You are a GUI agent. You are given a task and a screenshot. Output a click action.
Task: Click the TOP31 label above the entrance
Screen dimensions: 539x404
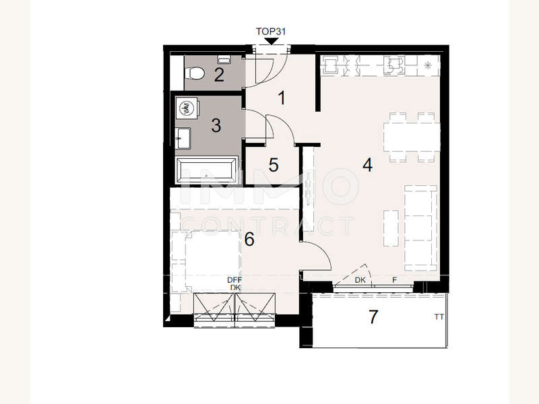(x=271, y=32)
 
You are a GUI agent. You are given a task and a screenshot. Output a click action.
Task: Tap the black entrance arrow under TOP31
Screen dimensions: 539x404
(x=272, y=41)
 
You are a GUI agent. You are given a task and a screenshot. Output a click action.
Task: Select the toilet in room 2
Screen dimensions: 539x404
(x=194, y=73)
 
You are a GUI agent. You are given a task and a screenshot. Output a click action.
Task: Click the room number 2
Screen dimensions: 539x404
(x=219, y=75)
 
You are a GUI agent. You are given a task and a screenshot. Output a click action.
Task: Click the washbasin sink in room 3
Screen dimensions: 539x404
(x=183, y=138)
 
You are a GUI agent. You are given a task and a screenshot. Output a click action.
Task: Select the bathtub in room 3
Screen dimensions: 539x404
(x=207, y=172)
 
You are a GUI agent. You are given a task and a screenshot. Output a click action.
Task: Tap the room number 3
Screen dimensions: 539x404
(x=216, y=125)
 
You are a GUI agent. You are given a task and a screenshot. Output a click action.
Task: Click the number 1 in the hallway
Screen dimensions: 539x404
(x=282, y=98)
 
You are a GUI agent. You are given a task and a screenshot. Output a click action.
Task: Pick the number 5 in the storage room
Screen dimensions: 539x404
(x=274, y=165)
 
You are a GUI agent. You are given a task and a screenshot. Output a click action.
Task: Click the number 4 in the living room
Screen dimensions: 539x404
(x=367, y=165)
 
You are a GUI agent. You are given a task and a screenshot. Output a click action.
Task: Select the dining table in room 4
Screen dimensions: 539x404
(x=412, y=137)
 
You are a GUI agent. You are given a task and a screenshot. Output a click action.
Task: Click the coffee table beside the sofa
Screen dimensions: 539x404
(x=391, y=228)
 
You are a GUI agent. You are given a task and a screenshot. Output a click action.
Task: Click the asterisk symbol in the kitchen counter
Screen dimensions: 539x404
(x=428, y=65)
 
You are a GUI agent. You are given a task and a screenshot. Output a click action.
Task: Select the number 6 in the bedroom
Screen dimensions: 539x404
(x=249, y=239)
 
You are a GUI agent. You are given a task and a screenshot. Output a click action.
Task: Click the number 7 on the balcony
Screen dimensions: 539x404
(x=373, y=316)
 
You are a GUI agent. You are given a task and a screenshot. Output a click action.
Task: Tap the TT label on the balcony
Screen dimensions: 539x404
(x=439, y=316)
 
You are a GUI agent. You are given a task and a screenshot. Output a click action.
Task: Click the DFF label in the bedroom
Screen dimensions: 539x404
(x=234, y=280)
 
